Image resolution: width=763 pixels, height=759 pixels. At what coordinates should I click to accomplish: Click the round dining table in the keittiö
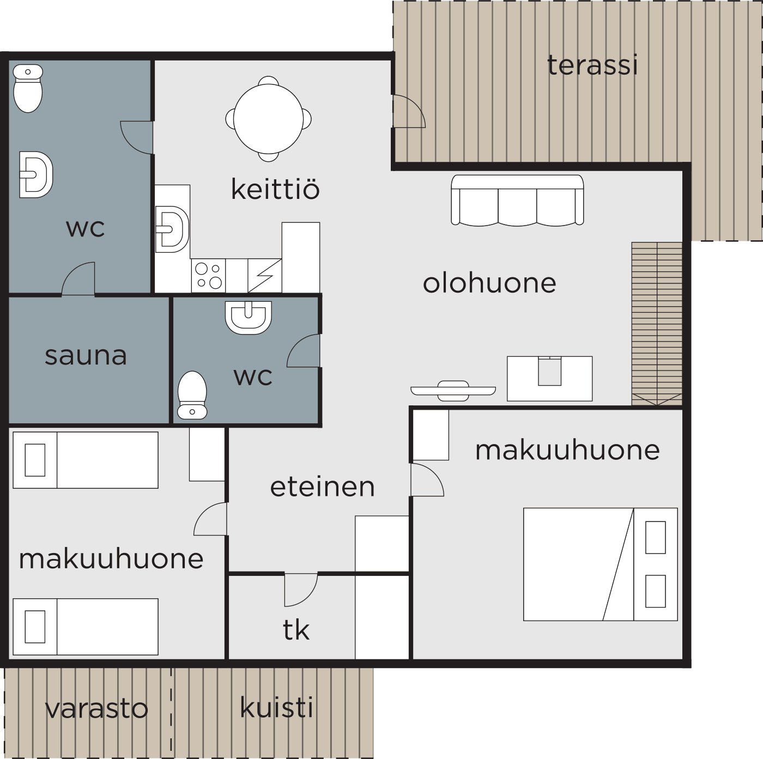[x=269, y=119]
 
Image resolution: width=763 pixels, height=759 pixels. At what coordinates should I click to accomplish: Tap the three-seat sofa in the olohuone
[x=517, y=201]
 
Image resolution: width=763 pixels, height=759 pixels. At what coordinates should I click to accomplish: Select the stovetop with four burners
[x=208, y=276]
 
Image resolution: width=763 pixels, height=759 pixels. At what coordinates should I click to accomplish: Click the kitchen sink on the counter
[x=172, y=229]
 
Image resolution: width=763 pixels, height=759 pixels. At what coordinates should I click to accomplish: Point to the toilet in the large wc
[x=28, y=88]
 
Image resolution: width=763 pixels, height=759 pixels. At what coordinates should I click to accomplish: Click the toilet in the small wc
[x=192, y=394]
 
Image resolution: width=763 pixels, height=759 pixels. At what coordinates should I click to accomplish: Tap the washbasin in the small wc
[x=249, y=318]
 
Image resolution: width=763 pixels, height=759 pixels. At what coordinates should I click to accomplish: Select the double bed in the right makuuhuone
[x=600, y=564]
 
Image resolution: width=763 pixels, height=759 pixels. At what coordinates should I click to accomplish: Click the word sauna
[x=86, y=356]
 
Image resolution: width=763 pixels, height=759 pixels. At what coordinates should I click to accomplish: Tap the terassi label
[x=592, y=65]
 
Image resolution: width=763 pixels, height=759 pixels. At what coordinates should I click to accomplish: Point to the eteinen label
[x=322, y=487]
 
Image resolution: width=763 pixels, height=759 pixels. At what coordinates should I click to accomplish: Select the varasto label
[x=96, y=708]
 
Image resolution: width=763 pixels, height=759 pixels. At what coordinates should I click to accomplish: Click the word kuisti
[x=276, y=707]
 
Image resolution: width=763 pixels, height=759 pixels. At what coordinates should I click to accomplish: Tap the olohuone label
[x=489, y=283]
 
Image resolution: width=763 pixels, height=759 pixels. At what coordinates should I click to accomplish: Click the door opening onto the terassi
[x=409, y=111]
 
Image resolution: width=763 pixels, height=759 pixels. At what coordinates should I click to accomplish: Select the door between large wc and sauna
[x=78, y=279]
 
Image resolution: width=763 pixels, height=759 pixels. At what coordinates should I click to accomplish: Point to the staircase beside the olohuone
[x=657, y=324]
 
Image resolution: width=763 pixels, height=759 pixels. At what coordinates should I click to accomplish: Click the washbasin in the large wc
[x=36, y=174]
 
